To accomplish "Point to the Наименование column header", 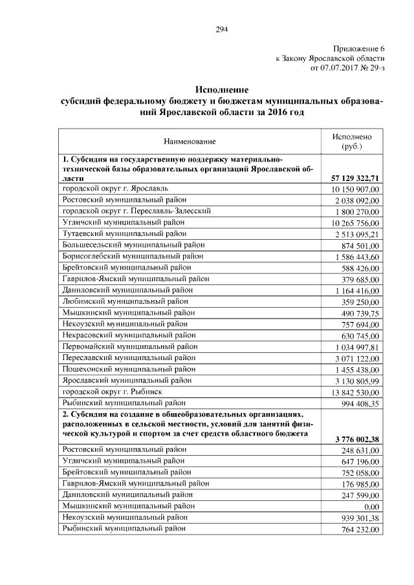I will click(190, 140).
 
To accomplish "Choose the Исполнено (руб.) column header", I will click(351, 142).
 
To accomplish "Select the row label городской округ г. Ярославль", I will click(115, 188).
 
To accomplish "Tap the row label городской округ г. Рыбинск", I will click(112, 392).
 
